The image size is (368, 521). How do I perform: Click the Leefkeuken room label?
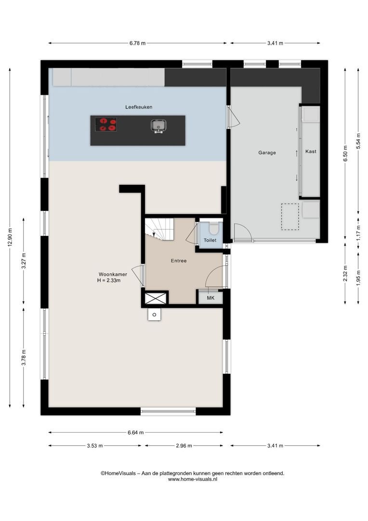[139, 107]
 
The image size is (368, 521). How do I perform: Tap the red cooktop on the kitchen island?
[106, 124]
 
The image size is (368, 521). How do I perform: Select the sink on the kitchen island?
[158, 126]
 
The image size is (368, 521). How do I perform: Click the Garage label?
[267, 153]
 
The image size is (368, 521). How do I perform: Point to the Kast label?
[311, 151]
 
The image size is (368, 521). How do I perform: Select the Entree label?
[179, 261]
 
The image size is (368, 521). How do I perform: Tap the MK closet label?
[210, 298]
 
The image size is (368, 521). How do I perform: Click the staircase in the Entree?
[159, 229]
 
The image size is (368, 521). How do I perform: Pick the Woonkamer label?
[113, 274]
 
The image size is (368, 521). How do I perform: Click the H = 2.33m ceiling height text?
[109, 280]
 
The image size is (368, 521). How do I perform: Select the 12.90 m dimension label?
[10, 238]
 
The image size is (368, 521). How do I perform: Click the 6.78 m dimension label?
[137, 43]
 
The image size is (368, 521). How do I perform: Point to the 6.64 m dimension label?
[136, 433]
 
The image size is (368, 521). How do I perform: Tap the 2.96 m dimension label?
[184, 446]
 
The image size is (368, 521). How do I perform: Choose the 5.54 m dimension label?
[358, 141]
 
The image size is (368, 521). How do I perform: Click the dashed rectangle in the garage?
[290, 217]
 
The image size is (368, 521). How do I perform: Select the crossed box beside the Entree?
[156, 298]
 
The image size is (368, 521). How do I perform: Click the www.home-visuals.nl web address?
[193, 479]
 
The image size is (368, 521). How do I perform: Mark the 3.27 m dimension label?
[24, 261]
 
